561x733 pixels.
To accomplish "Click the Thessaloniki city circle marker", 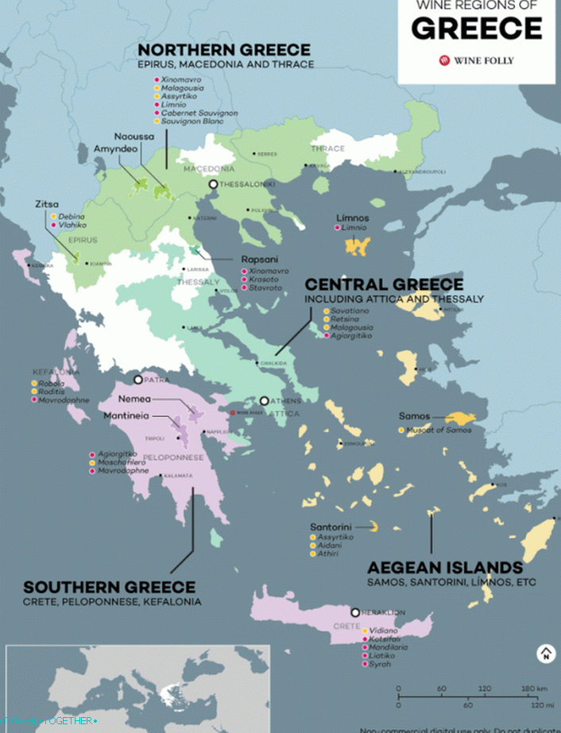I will coord(213,184).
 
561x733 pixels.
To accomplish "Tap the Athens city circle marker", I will coord(265,401).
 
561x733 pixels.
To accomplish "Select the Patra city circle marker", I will coord(138,380).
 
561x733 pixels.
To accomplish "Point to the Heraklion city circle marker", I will coord(355,612).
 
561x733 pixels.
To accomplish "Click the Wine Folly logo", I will coord(475,60).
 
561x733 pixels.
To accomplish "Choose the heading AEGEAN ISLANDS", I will coord(445,568).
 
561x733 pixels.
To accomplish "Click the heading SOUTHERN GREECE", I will coord(109,588).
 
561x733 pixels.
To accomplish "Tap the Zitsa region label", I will coord(46,204).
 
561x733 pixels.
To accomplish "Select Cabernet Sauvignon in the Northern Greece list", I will coord(199,114).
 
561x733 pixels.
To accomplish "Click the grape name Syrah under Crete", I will coord(381,664).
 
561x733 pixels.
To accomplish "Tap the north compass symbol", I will coord(546,654).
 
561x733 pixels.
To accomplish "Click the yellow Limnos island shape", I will coord(358,245).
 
